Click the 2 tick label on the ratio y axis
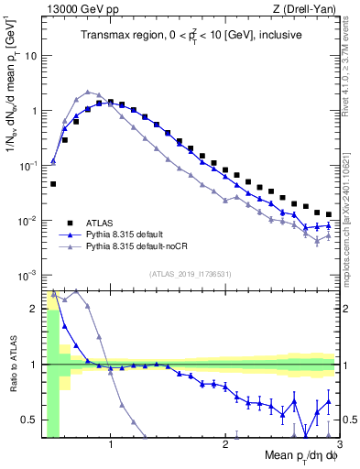click(x=32, y=309)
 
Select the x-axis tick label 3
click(x=339, y=444)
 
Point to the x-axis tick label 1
click(x=111, y=444)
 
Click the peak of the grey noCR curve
click(x=87, y=92)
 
